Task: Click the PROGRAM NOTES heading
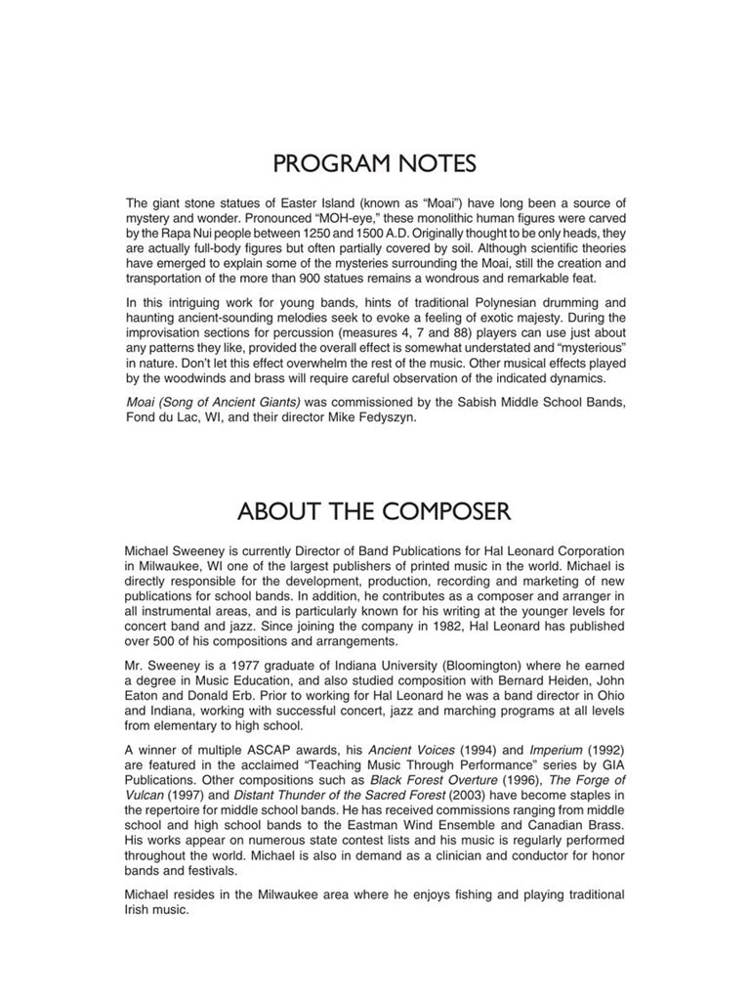[x=375, y=160]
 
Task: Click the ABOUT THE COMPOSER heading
[x=375, y=510]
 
